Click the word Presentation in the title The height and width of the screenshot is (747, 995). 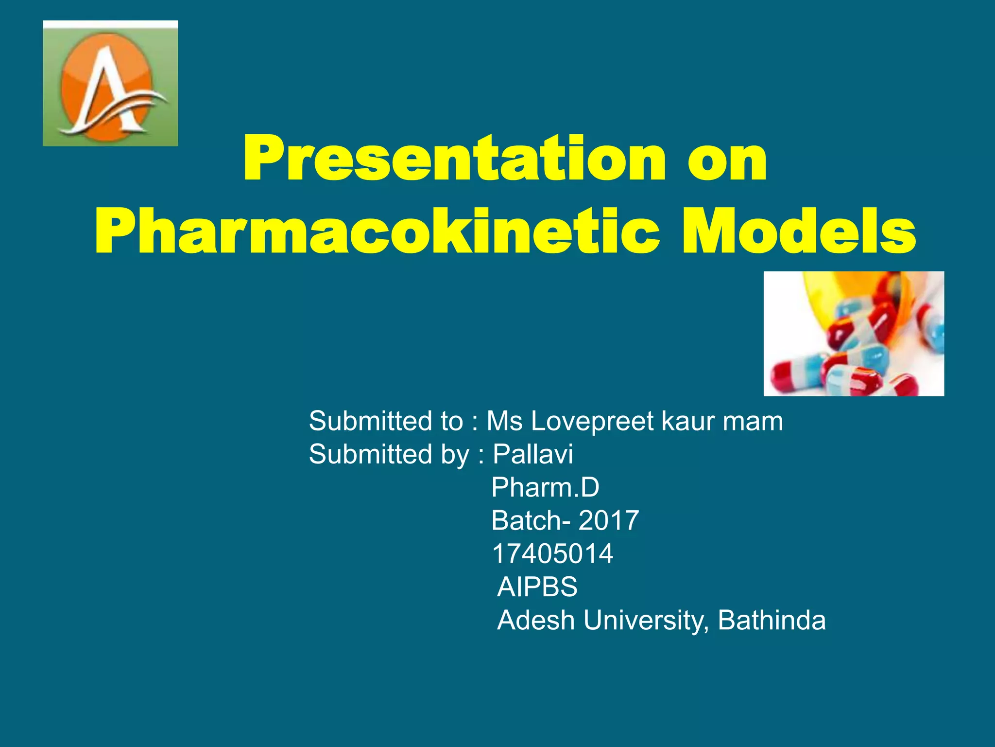[454, 160]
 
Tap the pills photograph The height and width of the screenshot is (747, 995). [854, 334]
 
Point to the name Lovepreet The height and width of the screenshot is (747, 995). [592, 421]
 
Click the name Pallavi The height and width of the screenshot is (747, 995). [533, 454]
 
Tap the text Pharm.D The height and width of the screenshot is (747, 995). [545, 487]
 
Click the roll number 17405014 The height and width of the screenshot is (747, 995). [552, 554]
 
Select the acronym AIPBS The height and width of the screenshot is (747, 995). [537, 587]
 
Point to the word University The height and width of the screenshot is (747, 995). [646, 621]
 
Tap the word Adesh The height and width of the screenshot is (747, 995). [536, 621]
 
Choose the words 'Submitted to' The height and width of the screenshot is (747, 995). [386, 421]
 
